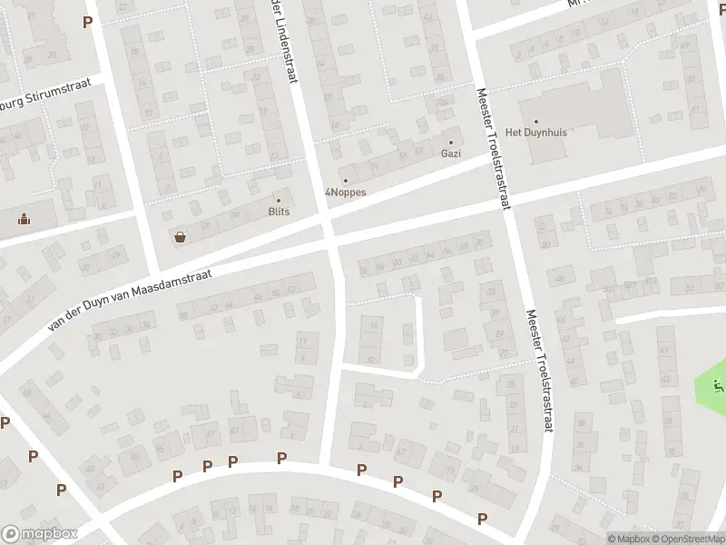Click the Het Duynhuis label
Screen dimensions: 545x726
535,133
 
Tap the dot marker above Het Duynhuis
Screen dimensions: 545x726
535,121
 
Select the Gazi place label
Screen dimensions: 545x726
450,154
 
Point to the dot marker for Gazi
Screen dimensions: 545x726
450,143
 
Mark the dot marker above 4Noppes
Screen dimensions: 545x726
345,181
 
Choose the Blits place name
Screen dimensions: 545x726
279,212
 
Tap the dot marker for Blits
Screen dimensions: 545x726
279,201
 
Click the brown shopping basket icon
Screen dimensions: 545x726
180,237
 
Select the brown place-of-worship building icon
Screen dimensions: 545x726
23,218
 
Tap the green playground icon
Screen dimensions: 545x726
719,385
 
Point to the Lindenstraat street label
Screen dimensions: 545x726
282,41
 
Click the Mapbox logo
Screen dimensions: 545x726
39,534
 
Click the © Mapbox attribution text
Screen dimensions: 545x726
629,539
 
